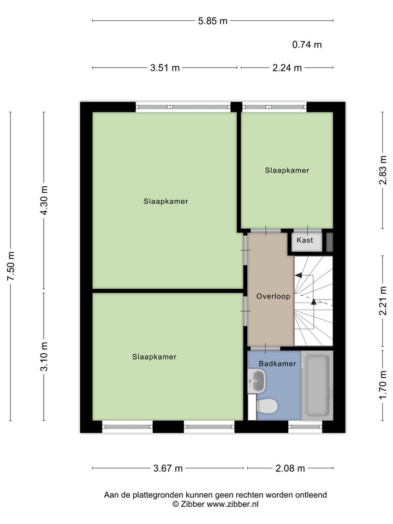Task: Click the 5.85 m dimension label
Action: click(x=212, y=21)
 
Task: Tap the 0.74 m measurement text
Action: click(x=307, y=45)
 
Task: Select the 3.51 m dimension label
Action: click(x=165, y=68)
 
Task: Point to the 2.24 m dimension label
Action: click(x=287, y=68)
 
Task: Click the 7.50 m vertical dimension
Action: click(x=10, y=266)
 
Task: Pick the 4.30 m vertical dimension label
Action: click(x=44, y=200)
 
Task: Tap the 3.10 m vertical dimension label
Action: click(x=44, y=356)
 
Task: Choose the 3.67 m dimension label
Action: click(x=168, y=468)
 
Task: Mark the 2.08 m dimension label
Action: click(x=290, y=468)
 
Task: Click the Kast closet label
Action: click(x=305, y=240)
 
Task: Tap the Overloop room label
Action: click(x=273, y=296)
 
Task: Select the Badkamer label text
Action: click(x=277, y=364)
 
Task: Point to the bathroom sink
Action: click(x=257, y=380)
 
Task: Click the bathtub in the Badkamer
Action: click(x=317, y=385)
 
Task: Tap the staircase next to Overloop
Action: click(x=313, y=301)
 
